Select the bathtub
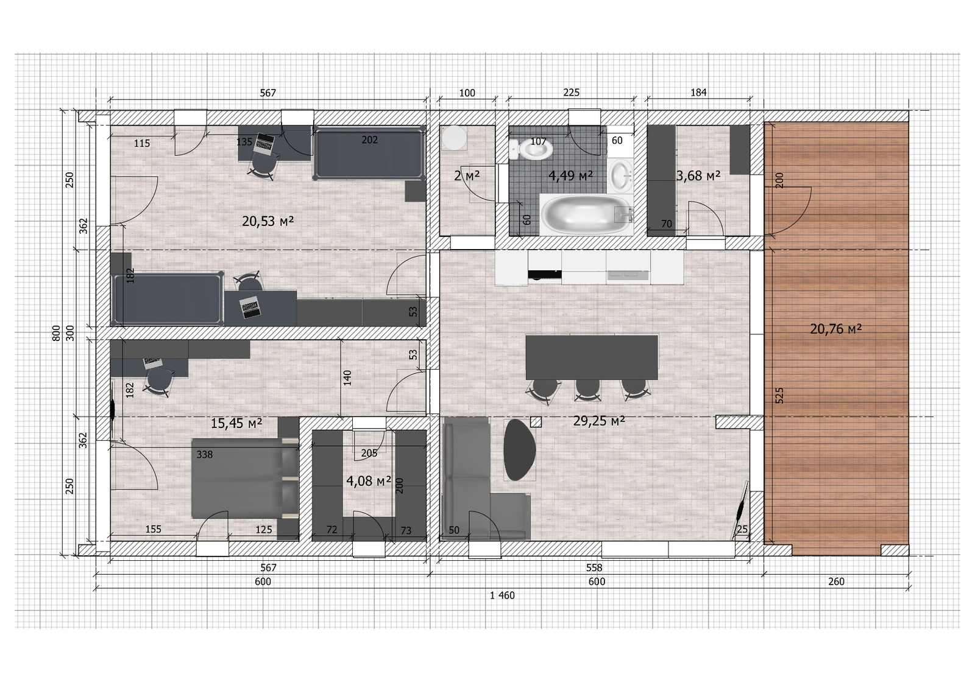pos(586,216)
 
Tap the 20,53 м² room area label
pos(268,222)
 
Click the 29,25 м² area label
pos(599,421)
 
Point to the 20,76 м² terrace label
pos(835,329)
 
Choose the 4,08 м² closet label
pos(369,481)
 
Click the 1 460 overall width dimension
pos(502,596)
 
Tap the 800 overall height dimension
pos(56,333)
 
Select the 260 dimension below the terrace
pos(836,582)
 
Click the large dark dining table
pos(592,357)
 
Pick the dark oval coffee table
pos(519,449)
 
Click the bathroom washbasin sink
pos(621,175)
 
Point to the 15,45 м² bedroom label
pos(236,423)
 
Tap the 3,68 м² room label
pos(698,176)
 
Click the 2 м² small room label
pos(467,176)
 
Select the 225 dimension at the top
pos(571,93)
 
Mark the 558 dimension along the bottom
pos(594,568)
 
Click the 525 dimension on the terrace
pos(779,395)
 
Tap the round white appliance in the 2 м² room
pos(454,138)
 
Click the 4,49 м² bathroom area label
pos(570,176)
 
